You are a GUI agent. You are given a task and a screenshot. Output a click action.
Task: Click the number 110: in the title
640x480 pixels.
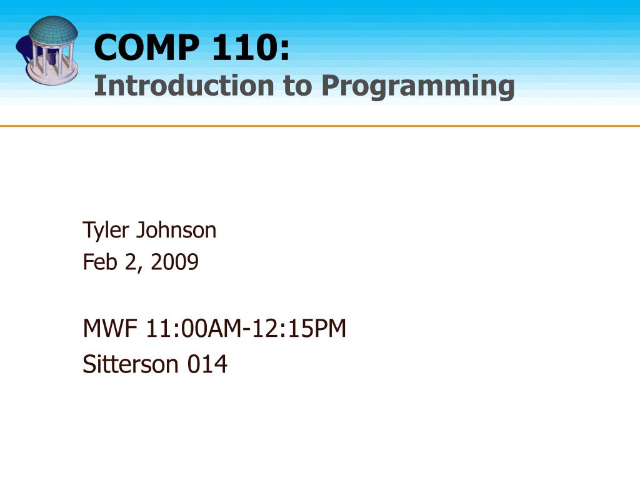[x=251, y=48]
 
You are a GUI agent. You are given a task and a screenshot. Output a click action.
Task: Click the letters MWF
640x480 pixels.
[x=111, y=327]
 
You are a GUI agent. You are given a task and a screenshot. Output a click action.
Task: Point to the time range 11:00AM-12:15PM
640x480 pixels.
[x=246, y=327]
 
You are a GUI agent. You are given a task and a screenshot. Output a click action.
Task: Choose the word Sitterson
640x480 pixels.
[x=131, y=364]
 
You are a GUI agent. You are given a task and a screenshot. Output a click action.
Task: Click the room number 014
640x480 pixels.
[x=207, y=364]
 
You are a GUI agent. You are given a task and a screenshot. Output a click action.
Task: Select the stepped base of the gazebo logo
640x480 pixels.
[x=52, y=77]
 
